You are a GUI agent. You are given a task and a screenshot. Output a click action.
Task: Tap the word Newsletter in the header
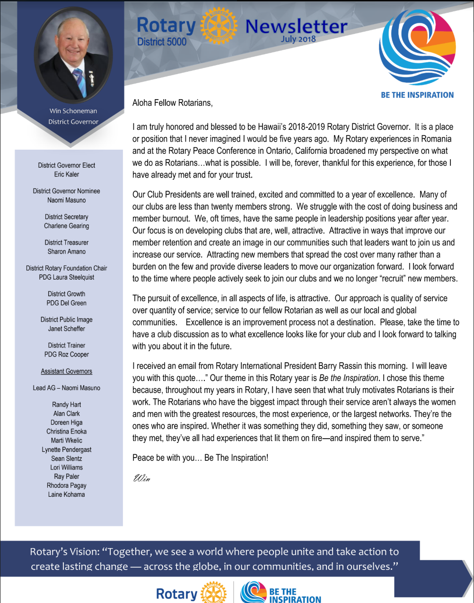(296, 26)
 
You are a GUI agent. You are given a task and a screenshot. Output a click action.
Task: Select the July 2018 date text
(298, 39)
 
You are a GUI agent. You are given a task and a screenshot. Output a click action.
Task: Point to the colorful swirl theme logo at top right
(417, 47)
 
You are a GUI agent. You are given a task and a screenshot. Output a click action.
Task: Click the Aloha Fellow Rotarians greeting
(173, 103)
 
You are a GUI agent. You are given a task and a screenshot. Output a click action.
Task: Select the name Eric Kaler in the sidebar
(67, 174)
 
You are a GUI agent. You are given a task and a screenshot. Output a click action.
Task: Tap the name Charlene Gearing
(67, 226)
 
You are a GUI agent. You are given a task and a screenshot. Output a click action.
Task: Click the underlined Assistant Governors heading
(67, 371)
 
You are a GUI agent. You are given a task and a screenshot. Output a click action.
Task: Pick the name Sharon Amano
(67, 252)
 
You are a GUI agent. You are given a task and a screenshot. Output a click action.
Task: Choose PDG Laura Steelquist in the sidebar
(67, 277)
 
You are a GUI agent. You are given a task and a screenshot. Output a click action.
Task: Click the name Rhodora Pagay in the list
(67, 485)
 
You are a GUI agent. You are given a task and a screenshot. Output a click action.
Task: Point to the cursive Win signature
(142, 478)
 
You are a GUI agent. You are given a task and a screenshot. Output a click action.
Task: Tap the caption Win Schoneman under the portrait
(73, 111)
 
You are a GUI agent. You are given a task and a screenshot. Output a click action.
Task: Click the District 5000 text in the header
(162, 42)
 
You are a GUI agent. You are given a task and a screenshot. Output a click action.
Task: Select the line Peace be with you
(200, 458)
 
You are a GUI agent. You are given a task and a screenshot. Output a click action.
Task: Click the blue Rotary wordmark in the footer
(176, 594)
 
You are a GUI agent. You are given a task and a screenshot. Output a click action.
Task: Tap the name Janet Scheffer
(67, 329)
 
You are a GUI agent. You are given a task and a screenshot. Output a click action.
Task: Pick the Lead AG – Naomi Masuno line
(67, 388)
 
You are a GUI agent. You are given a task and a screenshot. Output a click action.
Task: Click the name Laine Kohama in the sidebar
(67, 494)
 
